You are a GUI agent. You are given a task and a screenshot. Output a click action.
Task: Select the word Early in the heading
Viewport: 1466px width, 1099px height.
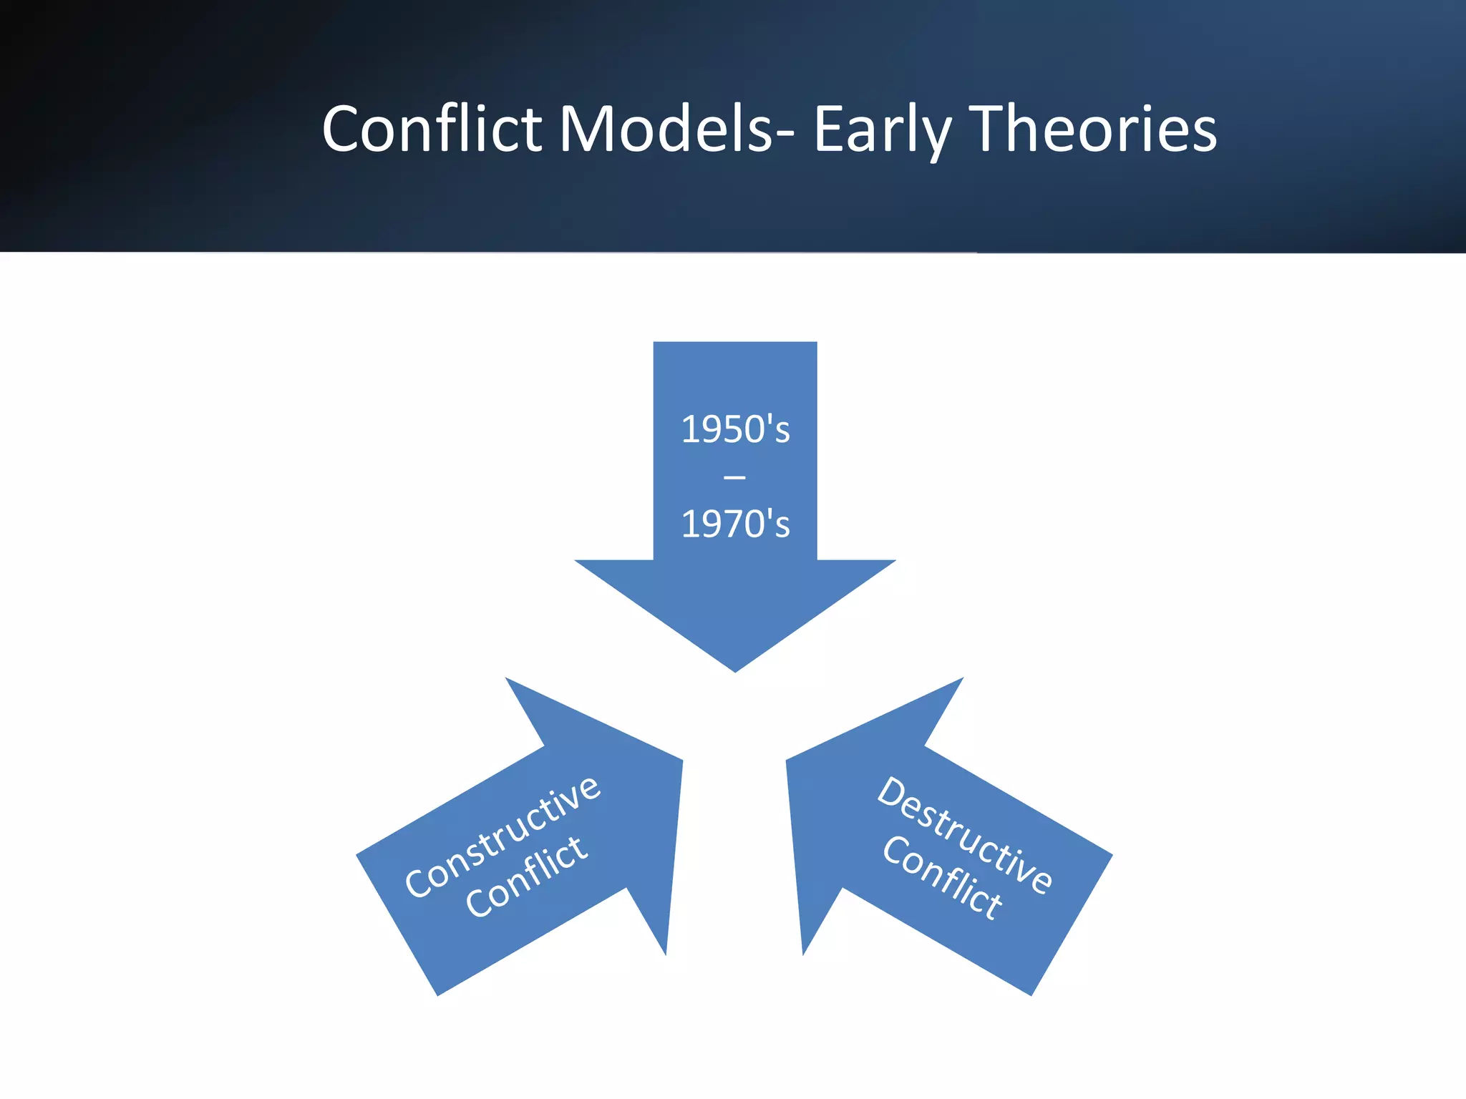pyautogui.click(x=882, y=130)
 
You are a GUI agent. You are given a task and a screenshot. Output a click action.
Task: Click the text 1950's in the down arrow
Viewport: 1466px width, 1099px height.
pyautogui.click(x=735, y=429)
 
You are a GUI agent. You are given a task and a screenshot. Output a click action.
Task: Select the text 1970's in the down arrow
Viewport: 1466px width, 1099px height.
pyautogui.click(x=735, y=524)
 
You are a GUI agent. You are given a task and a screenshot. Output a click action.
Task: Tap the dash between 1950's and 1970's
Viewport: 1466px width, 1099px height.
pyautogui.click(x=735, y=477)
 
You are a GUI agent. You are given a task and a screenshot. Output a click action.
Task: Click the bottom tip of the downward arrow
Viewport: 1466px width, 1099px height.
pyautogui.click(x=735, y=669)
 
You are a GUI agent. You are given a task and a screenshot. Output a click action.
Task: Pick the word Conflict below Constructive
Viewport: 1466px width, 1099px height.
pyautogui.click(x=526, y=876)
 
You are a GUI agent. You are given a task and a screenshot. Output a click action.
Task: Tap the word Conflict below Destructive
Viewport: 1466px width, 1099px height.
pyautogui.click(x=942, y=877)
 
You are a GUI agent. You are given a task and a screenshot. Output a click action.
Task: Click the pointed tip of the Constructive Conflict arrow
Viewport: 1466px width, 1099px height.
pyautogui.click(x=680, y=763)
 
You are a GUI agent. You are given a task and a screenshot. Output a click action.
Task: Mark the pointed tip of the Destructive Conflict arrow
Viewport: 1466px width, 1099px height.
pyautogui.click(x=789, y=763)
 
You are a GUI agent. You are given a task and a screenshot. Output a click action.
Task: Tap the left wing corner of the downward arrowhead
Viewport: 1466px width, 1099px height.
pyautogui.click(x=578, y=562)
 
